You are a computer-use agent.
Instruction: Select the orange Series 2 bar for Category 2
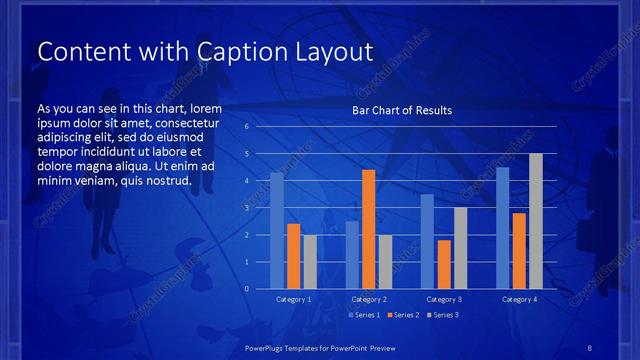coord(368,229)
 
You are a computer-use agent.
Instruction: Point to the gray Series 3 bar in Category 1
coord(310,261)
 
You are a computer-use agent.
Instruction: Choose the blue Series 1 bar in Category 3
coord(427,241)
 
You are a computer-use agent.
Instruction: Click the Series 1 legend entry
coord(364,315)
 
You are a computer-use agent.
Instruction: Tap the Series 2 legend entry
coord(403,315)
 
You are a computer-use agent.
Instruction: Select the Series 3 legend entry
coord(442,315)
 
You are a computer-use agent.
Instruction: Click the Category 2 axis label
coord(368,299)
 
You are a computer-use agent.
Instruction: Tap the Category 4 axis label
coord(518,299)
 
